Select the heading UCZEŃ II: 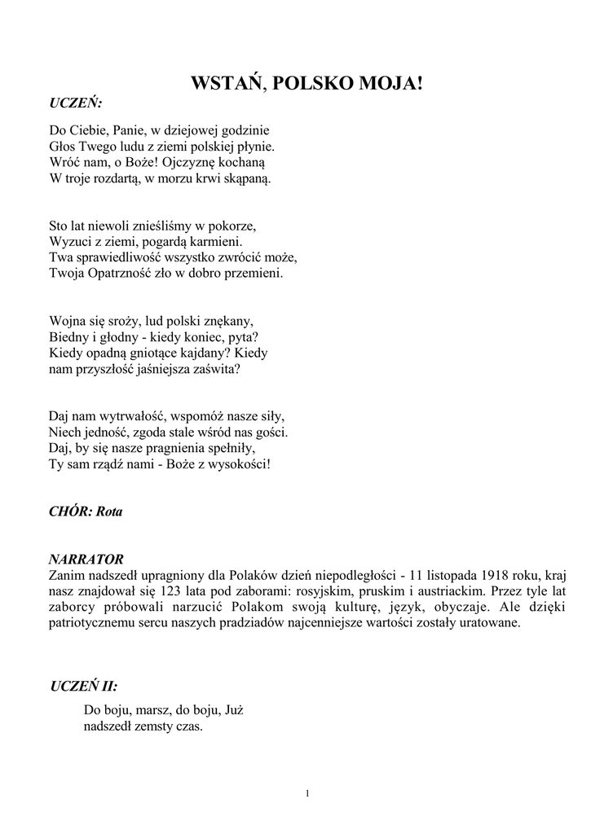(84, 686)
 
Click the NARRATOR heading (86, 560)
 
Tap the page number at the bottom (307, 793)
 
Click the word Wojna (67, 321)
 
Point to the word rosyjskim (287, 591)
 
